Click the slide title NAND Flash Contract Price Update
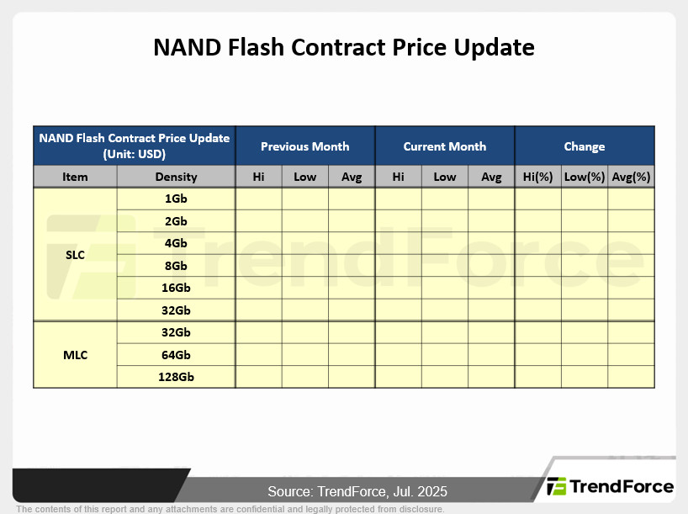pyautogui.click(x=343, y=47)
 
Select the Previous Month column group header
pyautogui.click(x=305, y=146)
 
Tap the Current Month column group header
pyautogui.click(x=444, y=146)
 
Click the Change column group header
pyautogui.click(x=585, y=146)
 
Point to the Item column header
pyautogui.click(x=75, y=177)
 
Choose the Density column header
pyautogui.click(x=176, y=177)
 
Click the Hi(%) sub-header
pyautogui.click(x=537, y=177)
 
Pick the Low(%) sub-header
pyautogui.click(x=585, y=177)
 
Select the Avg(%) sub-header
pyautogui.click(x=631, y=177)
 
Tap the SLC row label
pyautogui.click(x=75, y=255)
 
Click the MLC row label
pyautogui.click(x=75, y=355)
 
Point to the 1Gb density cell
pyautogui.click(x=176, y=199)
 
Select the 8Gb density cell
pyautogui.click(x=176, y=266)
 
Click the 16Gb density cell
pyautogui.click(x=176, y=288)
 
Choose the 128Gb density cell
pyautogui.click(x=176, y=377)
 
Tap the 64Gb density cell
pyautogui.click(x=176, y=355)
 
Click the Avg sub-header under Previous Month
pyautogui.click(x=352, y=177)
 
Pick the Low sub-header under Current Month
pyautogui.click(x=444, y=177)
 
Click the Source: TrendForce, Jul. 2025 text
pyautogui.click(x=357, y=491)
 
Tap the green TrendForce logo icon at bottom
pyautogui.click(x=556, y=486)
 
